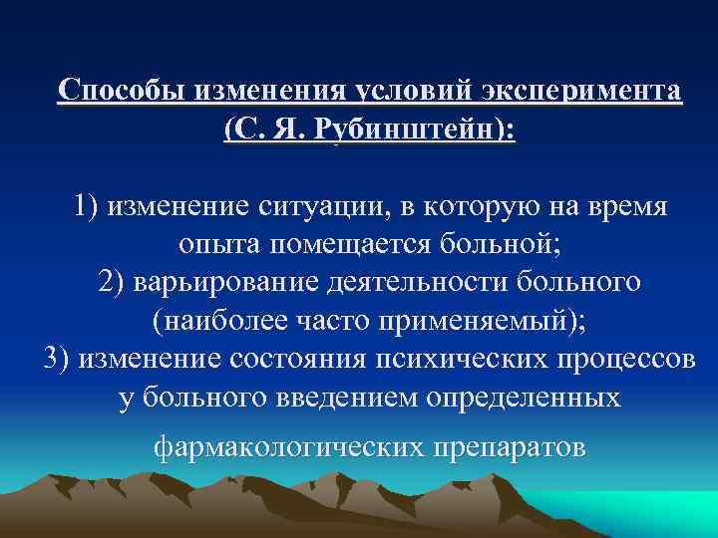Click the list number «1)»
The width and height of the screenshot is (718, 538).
pos(88,207)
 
